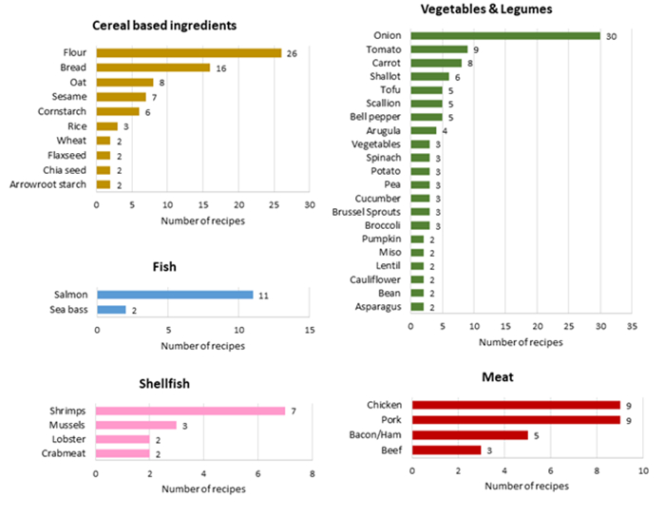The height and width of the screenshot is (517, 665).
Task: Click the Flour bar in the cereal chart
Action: [x=188, y=53]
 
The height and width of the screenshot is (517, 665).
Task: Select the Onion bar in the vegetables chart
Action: [x=504, y=36]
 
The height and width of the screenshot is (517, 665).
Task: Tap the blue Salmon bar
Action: [x=175, y=296]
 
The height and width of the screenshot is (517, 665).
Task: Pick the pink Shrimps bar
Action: [x=190, y=411]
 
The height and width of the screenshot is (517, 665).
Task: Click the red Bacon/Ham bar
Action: [x=469, y=435]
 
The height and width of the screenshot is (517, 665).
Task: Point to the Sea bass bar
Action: [x=111, y=310]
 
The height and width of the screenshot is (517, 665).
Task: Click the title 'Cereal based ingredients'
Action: [x=178, y=25]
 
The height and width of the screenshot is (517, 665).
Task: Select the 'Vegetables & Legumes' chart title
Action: [x=485, y=10]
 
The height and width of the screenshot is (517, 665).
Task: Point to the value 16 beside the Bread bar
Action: [x=218, y=68]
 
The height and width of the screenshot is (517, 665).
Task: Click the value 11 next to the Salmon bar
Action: [x=263, y=296]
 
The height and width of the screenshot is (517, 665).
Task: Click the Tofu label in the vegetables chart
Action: [x=388, y=90]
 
